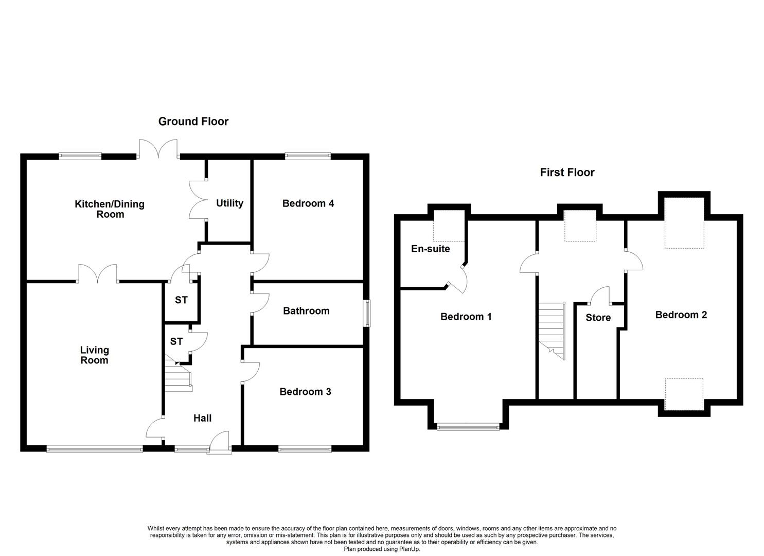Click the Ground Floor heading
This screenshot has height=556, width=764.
click(193, 121)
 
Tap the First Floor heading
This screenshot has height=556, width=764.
click(567, 172)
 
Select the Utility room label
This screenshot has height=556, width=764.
click(229, 203)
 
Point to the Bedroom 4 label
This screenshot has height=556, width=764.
click(308, 203)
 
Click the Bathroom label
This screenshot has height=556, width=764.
click(306, 311)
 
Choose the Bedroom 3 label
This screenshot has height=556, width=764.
click(305, 391)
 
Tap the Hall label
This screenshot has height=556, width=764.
click(202, 418)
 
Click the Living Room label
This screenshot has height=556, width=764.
click(95, 355)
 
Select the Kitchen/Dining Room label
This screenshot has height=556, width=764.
click(110, 209)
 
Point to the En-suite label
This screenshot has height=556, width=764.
click(431, 249)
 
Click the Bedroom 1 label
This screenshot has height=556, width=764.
click(466, 317)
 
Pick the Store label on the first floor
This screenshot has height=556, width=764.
click(598, 318)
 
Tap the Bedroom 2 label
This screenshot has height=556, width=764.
click(681, 315)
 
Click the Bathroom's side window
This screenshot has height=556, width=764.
click(367, 313)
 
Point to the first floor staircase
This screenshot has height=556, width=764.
click(552, 331)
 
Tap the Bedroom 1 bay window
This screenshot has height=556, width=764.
click(468, 427)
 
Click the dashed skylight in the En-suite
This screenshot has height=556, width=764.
click(449, 225)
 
